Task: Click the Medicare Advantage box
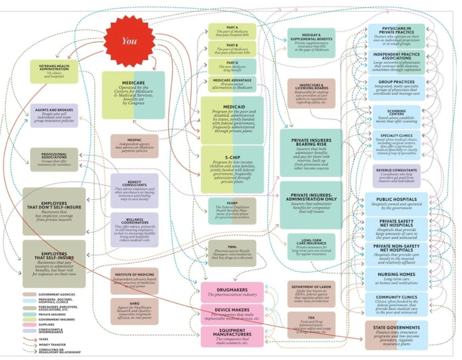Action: pos(232,83)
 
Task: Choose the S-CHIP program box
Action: pos(232,169)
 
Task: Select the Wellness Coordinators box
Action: pos(135,229)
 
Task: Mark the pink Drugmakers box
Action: pos(232,292)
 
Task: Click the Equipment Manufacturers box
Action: pos(232,336)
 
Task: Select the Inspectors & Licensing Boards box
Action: pos(312,93)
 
